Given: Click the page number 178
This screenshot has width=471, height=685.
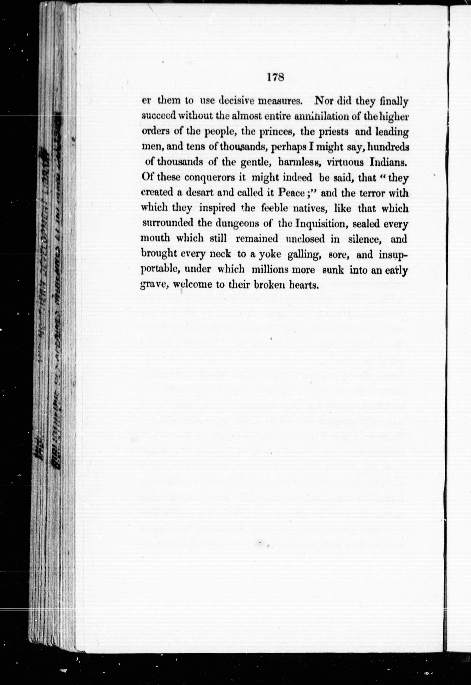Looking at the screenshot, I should [275, 78].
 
